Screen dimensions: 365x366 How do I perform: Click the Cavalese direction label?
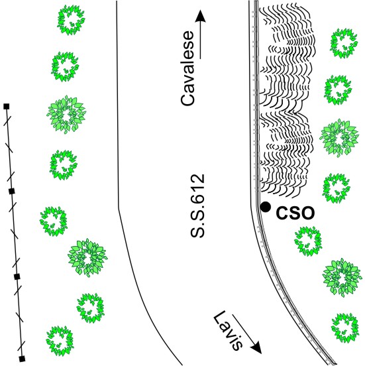tap(187, 68)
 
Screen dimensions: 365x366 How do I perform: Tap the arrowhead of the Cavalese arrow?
tap(200, 16)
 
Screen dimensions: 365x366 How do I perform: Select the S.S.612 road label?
tap(197, 206)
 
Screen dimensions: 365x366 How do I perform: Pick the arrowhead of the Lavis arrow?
tap(256, 347)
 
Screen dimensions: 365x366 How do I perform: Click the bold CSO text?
tap(295, 213)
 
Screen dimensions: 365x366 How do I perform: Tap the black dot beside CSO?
tap(266, 207)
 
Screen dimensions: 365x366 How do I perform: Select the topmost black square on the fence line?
tap(7, 107)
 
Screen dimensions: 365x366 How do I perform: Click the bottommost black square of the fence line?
tap(22, 359)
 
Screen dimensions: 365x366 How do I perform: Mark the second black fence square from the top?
tap(12, 192)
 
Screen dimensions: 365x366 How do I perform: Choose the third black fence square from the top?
tap(17, 277)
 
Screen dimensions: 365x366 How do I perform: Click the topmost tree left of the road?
tap(71, 20)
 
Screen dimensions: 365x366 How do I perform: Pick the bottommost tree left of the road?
tap(60, 341)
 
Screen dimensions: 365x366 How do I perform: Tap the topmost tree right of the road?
tap(344, 43)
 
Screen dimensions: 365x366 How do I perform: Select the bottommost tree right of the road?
tap(345, 328)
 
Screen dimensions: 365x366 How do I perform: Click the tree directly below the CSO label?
tap(308, 241)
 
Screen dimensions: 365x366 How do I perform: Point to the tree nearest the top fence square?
tap(66, 114)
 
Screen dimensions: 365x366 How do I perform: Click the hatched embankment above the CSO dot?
tap(287, 98)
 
